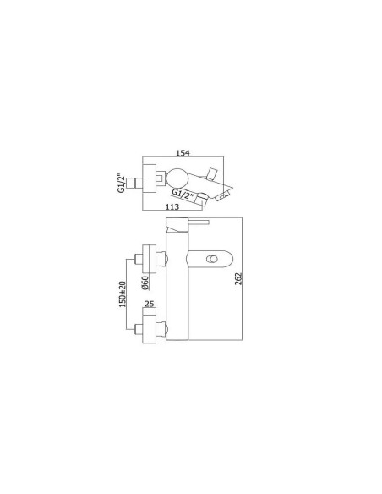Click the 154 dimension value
point(183,153)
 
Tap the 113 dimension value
point(172,206)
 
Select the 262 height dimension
point(239,278)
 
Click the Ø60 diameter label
point(145,283)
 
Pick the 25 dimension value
point(150,304)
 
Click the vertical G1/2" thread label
point(121,183)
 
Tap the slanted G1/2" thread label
point(183,194)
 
